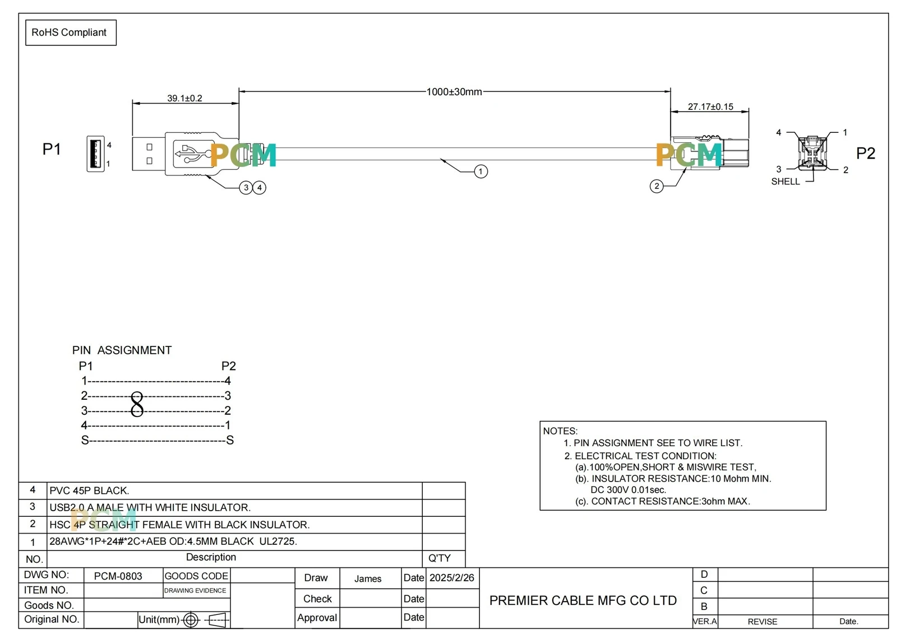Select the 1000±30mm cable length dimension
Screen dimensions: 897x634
(454, 92)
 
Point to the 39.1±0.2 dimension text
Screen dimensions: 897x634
(184, 98)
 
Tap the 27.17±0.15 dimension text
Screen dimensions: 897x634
(710, 107)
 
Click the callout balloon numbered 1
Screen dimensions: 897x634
(480, 172)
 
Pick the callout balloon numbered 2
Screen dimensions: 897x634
(656, 186)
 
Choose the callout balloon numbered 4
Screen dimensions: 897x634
(260, 187)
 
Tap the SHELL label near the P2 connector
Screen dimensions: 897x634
(785, 182)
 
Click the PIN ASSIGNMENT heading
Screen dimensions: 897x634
(122, 350)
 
